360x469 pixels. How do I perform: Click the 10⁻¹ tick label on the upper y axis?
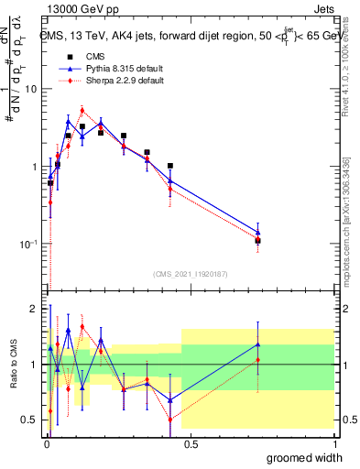[x=30, y=245]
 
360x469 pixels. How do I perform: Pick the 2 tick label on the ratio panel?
[x=35, y=309]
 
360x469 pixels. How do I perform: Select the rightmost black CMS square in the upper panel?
[x=258, y=241]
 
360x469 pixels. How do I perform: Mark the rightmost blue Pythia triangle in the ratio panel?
[x=258, y=344]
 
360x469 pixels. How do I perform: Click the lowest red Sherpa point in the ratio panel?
[x=170, y=420]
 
